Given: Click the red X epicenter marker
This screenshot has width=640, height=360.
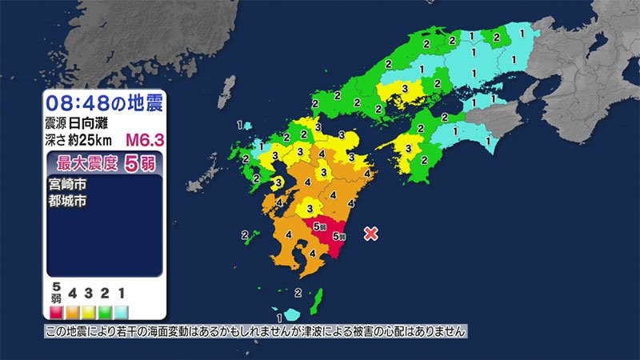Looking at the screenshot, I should [x=370, y=234].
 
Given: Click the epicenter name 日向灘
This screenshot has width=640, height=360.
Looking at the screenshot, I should [x=92, y=123].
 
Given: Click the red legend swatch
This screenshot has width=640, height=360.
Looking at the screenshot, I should [x=56, y=309].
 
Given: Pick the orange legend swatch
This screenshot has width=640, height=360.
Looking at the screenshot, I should [x=72, y=309].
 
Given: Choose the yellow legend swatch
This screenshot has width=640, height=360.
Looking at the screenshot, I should [x=88, y=309].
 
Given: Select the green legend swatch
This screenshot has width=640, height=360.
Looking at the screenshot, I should [x=103, y=309].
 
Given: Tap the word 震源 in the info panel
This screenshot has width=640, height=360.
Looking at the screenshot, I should [x=58, y=123].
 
